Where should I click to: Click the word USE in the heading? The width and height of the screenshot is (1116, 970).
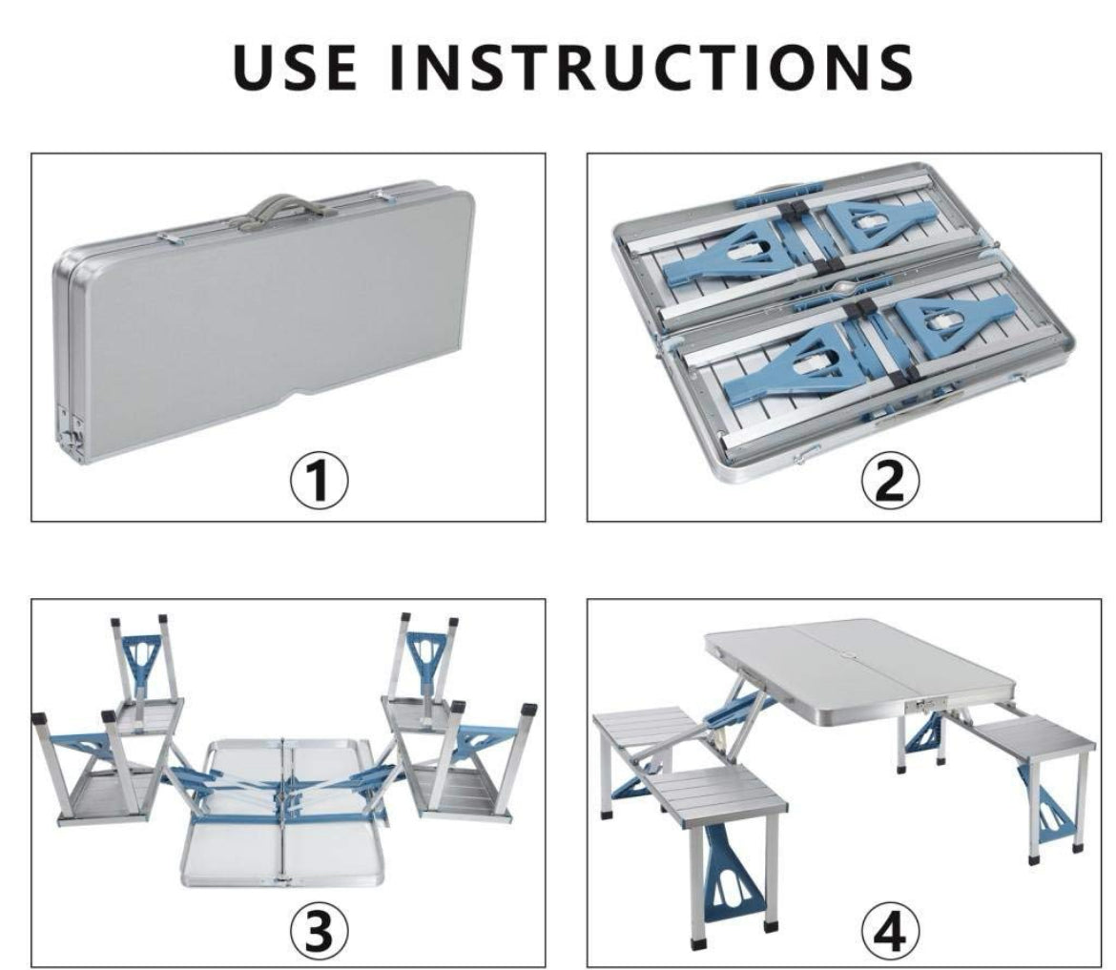(295, 67)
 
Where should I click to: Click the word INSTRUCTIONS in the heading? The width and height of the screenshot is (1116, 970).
(652, 67)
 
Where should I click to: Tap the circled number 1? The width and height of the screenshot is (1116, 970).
(320, 481)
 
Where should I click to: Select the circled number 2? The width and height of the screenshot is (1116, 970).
(890, 481)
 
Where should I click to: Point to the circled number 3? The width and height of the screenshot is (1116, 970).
(320, 930)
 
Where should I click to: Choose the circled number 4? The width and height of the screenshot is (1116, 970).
(890, 930)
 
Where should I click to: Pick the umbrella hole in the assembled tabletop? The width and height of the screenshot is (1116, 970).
(850, 653)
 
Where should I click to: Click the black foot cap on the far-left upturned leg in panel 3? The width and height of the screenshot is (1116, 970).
(41, 719)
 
